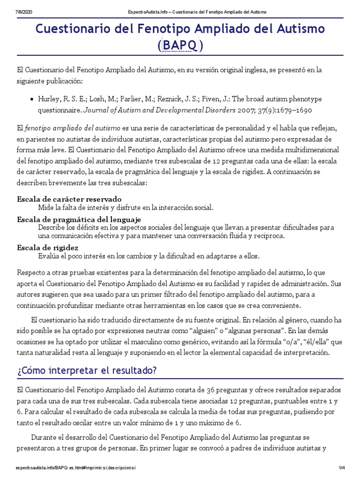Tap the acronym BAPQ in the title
click(180, 46)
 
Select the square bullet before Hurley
click(31, 99)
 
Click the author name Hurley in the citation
click(48, 99)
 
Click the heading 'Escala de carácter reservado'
click(69, 198)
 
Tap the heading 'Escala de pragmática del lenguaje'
click(79, 219)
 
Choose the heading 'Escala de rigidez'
click(47, 247)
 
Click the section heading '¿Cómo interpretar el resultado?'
click(86, 370)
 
